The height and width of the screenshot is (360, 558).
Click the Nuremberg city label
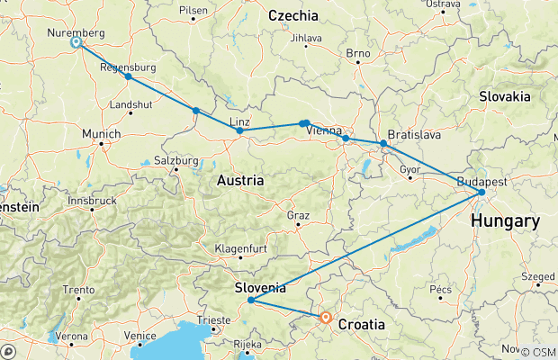pyautogui.click(x=75, y=32)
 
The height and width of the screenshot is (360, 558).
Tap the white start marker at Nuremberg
pyautogui.click(x=76, y=42)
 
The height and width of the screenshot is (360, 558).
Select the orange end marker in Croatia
pyautogui.click(x=326, y=318)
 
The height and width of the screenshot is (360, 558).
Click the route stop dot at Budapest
pyautogui.click(x=482, y=192)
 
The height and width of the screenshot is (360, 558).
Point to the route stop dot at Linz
pyautogui.click(x=239, y=130)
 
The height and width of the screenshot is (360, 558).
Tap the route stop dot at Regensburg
pyautogui.click(x=129, y=76)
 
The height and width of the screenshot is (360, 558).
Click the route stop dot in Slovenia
pyautogui.click(x=250, y=300)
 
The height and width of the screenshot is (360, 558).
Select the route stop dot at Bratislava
pyautogui.click(x=383, y=143)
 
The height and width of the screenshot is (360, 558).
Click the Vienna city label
pyautogui.click(x=324, y=131)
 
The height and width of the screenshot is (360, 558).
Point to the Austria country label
pyautogui.click(x=240, y=181)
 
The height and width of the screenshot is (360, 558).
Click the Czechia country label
pyautogui.click(x=293, y=15)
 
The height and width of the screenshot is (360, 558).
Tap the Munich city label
pyautogui.click(x=101, y=134)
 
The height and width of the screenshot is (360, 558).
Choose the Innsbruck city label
pyautogui.click(x=94, y=199)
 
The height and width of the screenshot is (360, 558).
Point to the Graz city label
pyautogui.click(x=298, y=216)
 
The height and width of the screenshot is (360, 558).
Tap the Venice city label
pyautogui.click(x=140, y=335)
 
